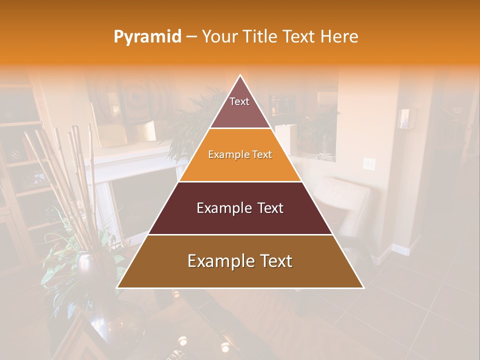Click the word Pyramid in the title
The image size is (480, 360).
[147, 37]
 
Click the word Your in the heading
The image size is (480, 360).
[219, 37]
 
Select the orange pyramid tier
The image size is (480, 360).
[240, 155]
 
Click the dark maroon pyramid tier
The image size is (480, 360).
[240, 208]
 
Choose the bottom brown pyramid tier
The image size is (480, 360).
[240, 261]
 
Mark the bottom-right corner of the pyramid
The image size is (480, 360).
[363, 287]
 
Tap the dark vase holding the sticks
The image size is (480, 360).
[87, 265]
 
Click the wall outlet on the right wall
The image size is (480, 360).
[369, 163]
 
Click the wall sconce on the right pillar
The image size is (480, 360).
[403, 119]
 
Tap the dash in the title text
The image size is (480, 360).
[191, 37]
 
